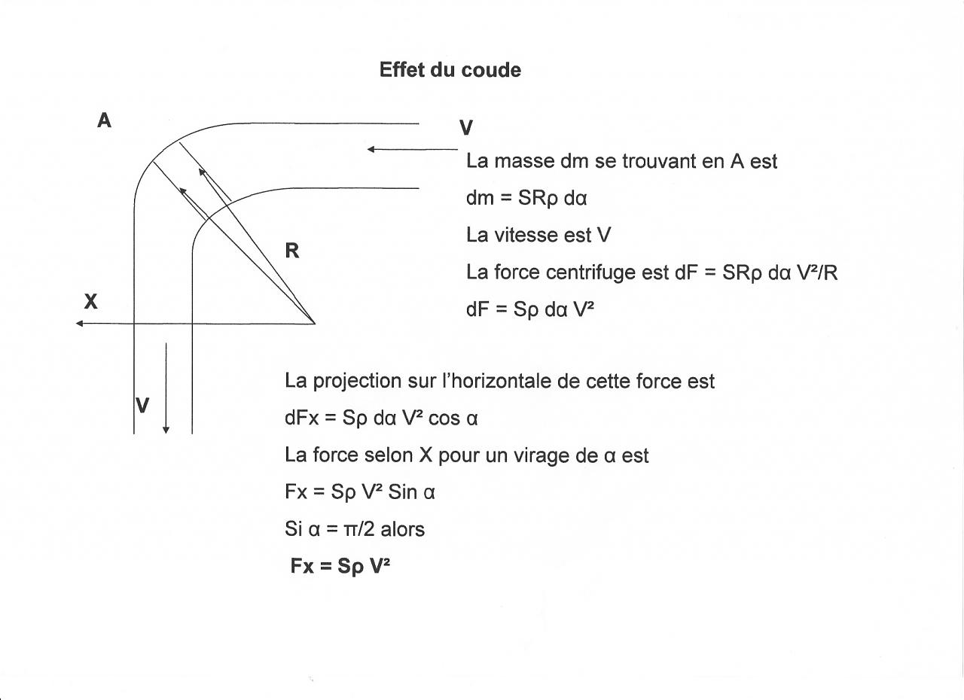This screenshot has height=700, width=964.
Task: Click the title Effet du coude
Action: [450, 70]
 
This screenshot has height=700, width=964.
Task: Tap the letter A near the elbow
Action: [105, 120]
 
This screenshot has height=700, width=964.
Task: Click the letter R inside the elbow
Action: [292, 251]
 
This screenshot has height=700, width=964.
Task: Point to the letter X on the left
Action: [91, 302]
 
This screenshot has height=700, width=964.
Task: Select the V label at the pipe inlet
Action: [466, 128]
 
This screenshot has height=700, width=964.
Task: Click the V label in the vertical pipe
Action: [142, 406]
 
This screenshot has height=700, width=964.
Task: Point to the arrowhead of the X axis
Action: [80, 324]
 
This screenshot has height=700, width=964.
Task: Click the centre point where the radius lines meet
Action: [314, 324]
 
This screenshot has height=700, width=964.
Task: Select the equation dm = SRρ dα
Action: [526, 199]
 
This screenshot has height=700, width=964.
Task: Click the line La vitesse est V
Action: [538, 236]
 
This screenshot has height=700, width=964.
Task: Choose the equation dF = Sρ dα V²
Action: [530, 309]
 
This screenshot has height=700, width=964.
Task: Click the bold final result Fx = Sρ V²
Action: [340, 566]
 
